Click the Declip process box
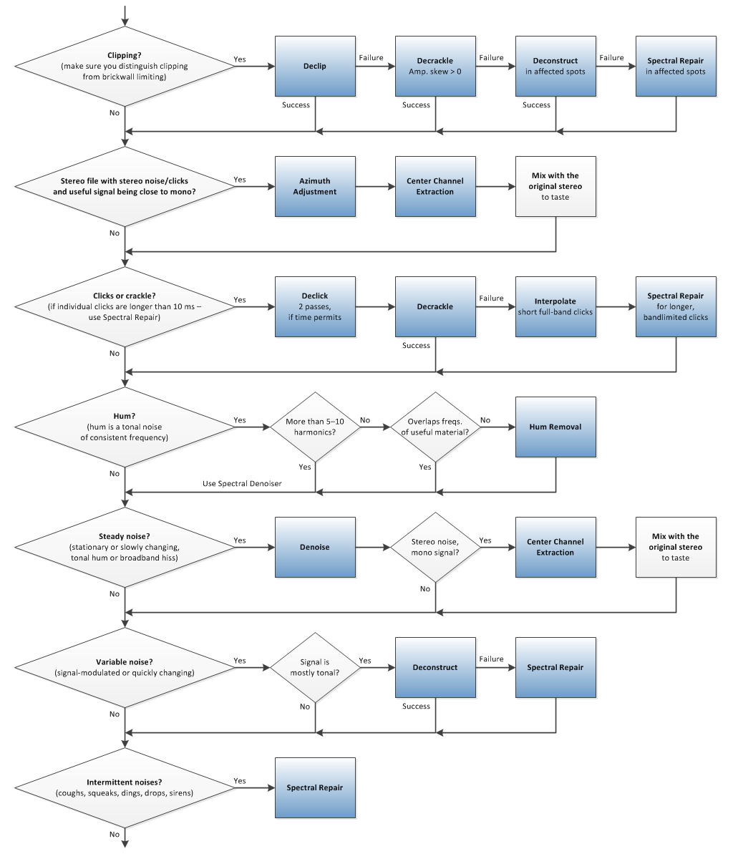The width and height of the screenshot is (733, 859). click(x=315, y=67)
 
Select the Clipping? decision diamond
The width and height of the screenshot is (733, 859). click(x=125, y=67)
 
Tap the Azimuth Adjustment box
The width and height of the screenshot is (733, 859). click(x=315, y=187)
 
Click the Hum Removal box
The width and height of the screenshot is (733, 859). click(x=555, y=427)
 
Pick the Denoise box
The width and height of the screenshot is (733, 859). click(x=315, y=548)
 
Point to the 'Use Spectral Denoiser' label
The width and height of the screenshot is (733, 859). click(x=242, y=484)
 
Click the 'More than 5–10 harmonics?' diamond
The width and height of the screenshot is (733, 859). click(x=315, y=427)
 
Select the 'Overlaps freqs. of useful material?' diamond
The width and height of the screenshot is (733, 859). click(x=435, y=427)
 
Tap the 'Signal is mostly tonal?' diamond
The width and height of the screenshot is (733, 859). click(x=315, y=668)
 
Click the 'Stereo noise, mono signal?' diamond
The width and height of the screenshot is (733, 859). click(x=435, y=548)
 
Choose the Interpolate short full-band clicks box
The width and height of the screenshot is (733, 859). click(x=555, y=307)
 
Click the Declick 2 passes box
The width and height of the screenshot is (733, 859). click(x=315, y=307)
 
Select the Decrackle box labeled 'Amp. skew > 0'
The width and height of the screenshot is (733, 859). click(x=435, y=67)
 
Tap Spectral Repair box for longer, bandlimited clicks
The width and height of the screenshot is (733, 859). click(x=676, y=307)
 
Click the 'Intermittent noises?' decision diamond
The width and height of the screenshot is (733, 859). click(x=125, y=788)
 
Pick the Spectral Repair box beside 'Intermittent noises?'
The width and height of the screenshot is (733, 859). click(x=315, y=788)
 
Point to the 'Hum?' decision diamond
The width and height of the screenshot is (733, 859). click(x=125, y=427)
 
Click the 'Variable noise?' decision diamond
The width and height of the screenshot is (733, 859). click(x=125, y=668)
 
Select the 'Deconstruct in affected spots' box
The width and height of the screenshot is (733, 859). click(x=555, y=67)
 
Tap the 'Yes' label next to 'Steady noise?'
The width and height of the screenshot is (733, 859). click(x=240, y=540)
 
